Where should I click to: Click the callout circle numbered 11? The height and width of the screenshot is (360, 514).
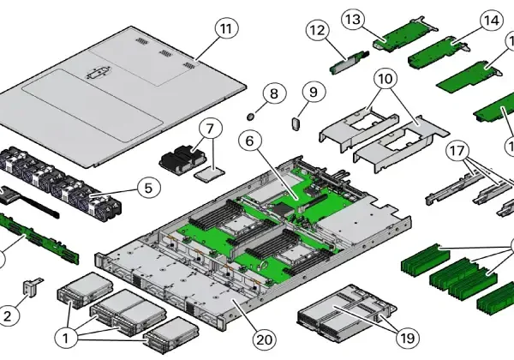coord(224,29)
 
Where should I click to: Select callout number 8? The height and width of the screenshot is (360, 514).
coord(273,93)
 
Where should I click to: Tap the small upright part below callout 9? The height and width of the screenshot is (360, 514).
coord(297,122)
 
